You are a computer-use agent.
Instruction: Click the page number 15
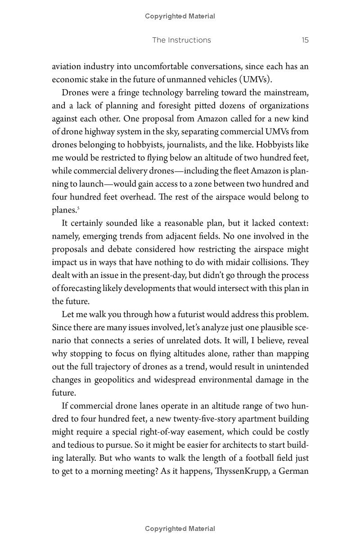(x=305, y=40)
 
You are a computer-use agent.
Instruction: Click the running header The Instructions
(x=181, y=40)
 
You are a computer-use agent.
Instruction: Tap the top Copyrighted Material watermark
(x=180, y=16)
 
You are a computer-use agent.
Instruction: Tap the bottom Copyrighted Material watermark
(x=180, y=529)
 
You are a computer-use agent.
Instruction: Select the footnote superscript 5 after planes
(x=78, y=208)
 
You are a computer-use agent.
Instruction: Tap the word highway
(x=99, y=132)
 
